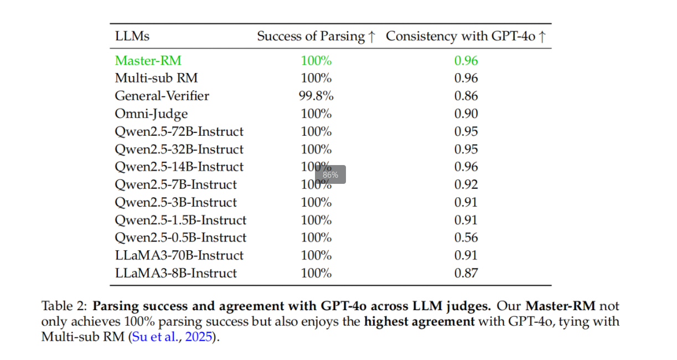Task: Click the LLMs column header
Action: click(x=132, y=37)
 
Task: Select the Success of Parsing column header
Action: click(x=316, y=37)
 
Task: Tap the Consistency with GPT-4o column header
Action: click(x=466, y=37)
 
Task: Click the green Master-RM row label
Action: click(x=148, y=60)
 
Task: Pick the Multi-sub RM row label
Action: click(x=156, y=78)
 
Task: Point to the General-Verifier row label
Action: click(x=162, y=96)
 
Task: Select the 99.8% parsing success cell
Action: click(x=316, y=96)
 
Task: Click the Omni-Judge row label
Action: click(x=151, y=114)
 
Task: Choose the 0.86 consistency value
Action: click(x=466, y=96)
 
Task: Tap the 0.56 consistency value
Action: click(x=466, y=238)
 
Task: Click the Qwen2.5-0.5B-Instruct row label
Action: click(x=180, y=238)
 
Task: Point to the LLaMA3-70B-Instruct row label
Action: click(x=179, y=255)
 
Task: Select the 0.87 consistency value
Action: click(x=466, y=273)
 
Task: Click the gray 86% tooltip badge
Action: click(x=330, y=175)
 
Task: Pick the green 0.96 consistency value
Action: click(x=466, y=60)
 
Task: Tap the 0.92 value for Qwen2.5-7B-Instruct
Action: click(x=466, y=184)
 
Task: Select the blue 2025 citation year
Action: click(x=199, y=337)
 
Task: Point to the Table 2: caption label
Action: click(x=65, y=306)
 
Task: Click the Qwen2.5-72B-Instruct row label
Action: click(x=179, y=131)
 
